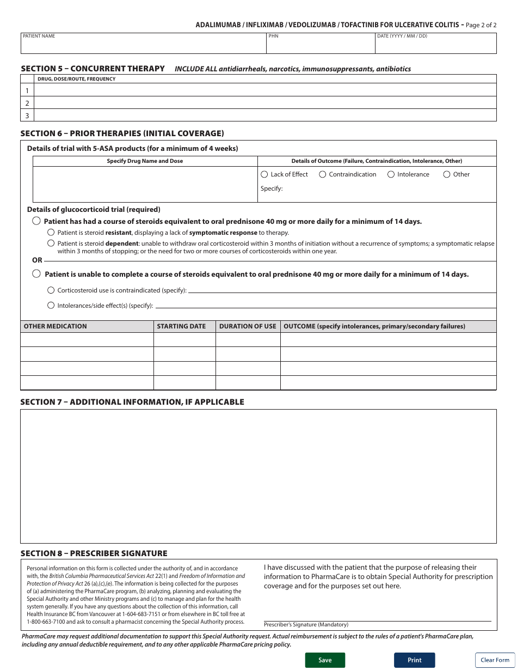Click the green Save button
click(325, 660)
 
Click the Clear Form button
click(495, 660)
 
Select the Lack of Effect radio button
click(264, 174)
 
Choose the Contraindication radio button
click(323, 174)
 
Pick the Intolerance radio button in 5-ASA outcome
click(391, 174)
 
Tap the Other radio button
click(447, 174)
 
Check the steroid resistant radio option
click(51, 233)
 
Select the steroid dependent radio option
click(51, 243)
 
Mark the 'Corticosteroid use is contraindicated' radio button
click(51, 290)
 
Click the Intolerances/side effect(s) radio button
click(51, 306)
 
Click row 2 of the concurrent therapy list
click(265, 103)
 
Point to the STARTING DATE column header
click(181, 326)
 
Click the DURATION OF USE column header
click(248, 326)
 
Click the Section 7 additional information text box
click(258, 476)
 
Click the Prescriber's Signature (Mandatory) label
click(306, 625)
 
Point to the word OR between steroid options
click(37, 260)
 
